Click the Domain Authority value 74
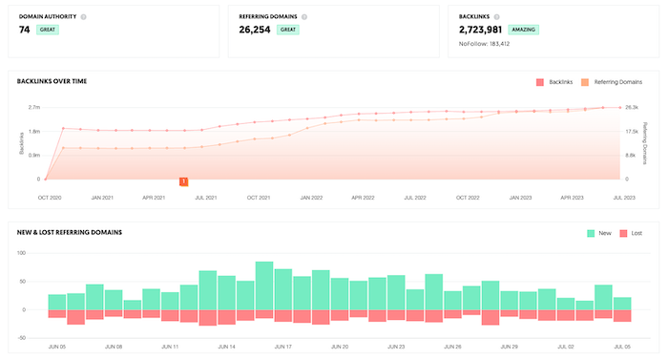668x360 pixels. [x=24, y=30]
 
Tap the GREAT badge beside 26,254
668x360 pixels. [x=287, y=30]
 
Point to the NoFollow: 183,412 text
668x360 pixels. [x=485, y=44]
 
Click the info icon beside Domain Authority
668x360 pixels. [x=84, y=16]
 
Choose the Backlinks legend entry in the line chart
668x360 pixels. [x=555, y=82]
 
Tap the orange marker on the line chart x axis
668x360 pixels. [x=183, y=180]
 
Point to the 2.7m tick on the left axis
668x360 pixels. [x=33, y=107]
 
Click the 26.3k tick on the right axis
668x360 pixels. [x=632, y=107]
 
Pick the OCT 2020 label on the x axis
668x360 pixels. [x=50, y=198]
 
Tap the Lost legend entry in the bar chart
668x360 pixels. [x=632, y=232]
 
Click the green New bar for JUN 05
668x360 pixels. [x=57, y=302]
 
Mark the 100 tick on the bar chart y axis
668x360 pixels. [x=31, y=254]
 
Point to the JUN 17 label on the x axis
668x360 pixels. [x=282, y=347]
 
